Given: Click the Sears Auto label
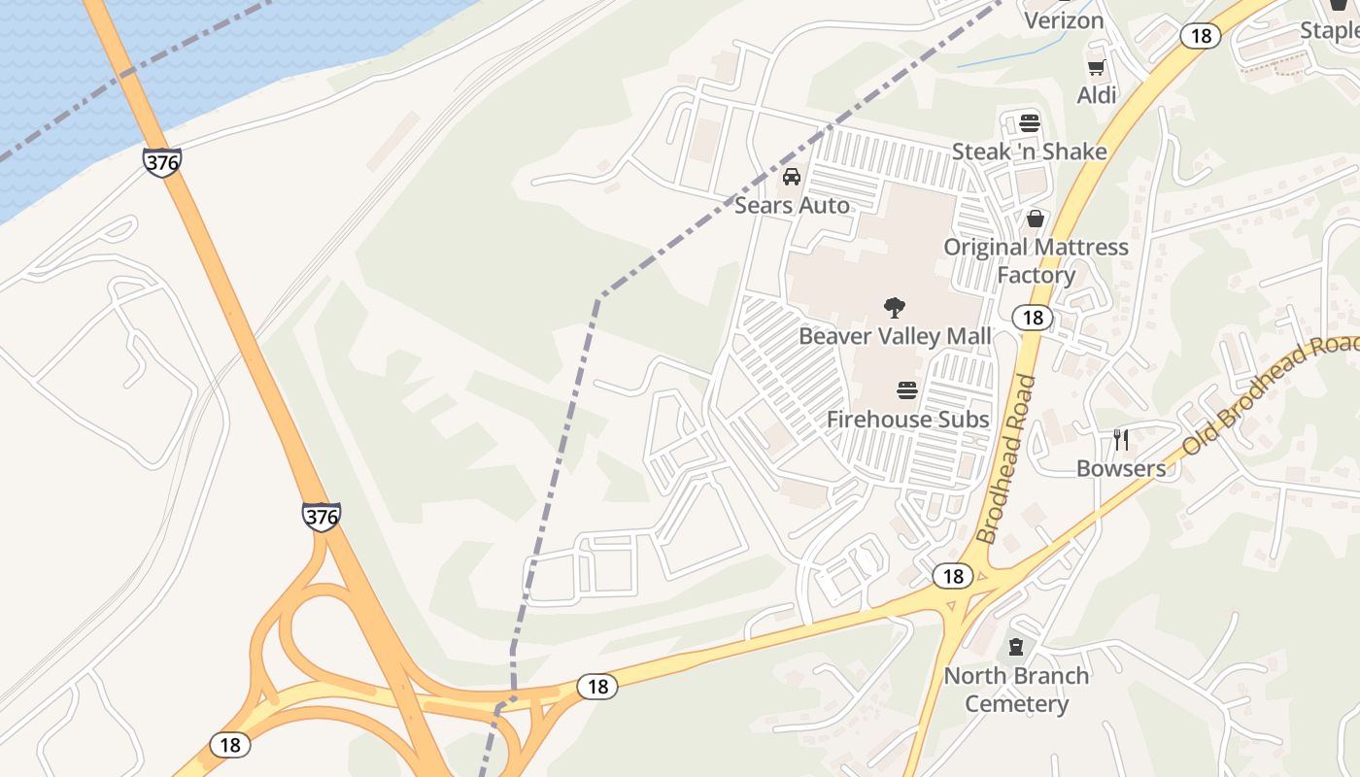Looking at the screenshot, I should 792,205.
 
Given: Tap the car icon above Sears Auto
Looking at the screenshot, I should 792,177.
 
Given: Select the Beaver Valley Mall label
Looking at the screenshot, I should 895,336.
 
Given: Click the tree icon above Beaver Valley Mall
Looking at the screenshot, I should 895,308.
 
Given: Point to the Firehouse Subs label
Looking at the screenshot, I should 907,419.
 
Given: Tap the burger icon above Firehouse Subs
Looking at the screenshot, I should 907,390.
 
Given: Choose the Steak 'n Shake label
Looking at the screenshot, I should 1029,152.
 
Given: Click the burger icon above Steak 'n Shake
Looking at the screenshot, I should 1030,123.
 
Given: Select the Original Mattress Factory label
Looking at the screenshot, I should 1036,260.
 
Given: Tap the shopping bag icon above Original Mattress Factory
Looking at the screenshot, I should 1036,219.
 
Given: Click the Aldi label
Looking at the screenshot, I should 1097,95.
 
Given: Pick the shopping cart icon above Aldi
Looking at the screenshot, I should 1097,67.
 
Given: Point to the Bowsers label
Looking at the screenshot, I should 1121,468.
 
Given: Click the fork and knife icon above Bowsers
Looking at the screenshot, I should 1121,439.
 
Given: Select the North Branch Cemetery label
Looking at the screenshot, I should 1016,689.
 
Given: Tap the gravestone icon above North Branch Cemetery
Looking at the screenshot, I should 1016,647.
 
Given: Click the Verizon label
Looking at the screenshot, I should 1064,20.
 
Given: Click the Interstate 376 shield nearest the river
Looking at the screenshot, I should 161,161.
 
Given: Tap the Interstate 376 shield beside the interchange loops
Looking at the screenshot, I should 321,516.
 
